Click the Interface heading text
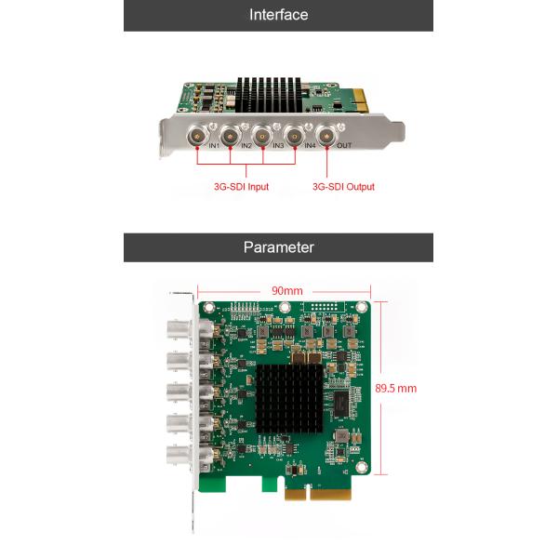(x=279, y=15)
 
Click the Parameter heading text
(x=279, y=247)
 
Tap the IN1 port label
(x=214, y=146)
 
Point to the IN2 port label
(x=246, y=146)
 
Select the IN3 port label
(x=278, y=146)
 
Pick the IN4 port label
(x=310, y=146)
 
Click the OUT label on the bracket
(x=344, y=146)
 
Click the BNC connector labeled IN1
(x=197, y=136)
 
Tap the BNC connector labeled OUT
(x=326, y=136)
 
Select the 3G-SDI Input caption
(x=241, y=187)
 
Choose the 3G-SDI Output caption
(x=343, y=187)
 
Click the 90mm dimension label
(x=286, y=291)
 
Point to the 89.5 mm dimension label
(x=396, y=388)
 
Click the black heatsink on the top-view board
(x=289, y=399)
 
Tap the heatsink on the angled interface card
(x=269, y=95)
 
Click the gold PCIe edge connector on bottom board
(x=318, y=494)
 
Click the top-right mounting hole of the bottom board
(x=362, y=307)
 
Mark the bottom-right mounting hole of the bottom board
(x=362, y=467)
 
